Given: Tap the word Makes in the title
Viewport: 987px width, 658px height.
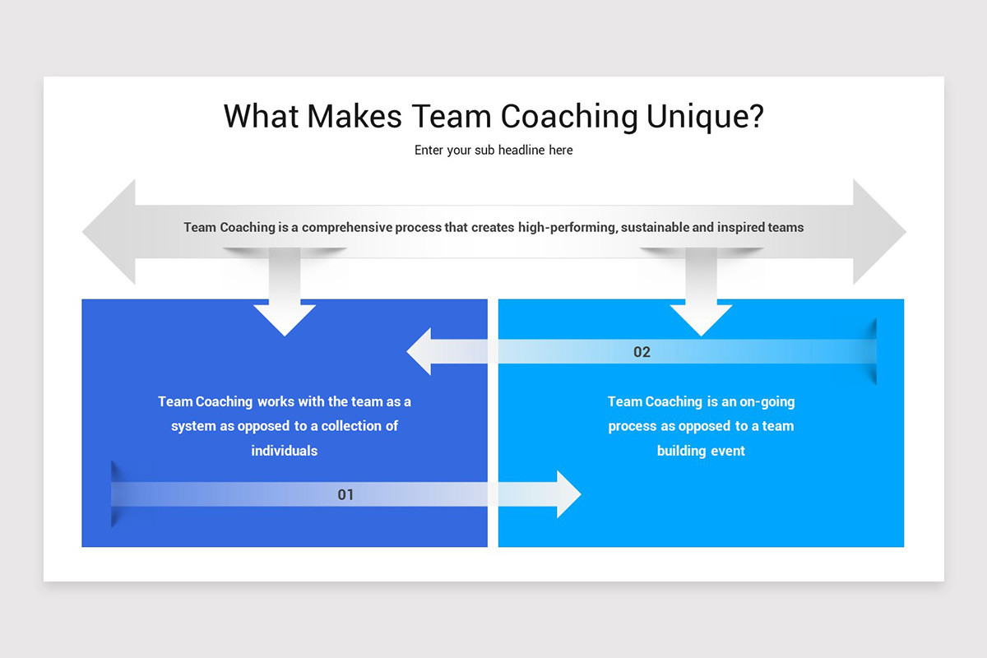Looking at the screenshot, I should pyautogui.click(x=354, y=117).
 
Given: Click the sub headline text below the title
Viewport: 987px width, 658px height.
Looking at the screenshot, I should pyautogui.click(x=493, y=151).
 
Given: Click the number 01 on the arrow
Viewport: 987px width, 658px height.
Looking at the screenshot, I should pyautogui.click(x=345, y=494).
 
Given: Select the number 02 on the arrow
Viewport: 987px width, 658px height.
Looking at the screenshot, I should pyautogui.click(x=642, y=352).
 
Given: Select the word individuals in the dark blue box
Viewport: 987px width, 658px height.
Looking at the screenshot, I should pyautogui.click(x=285, y=451).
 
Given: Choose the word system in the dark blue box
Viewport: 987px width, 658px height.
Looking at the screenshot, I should pyautogui.click(x=192, y=426).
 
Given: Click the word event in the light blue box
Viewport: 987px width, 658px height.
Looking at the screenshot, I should pyautogui.click(x=725, y=451).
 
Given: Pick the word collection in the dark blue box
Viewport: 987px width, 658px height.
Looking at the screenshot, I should pyautogui.click(x=367, y=426).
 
